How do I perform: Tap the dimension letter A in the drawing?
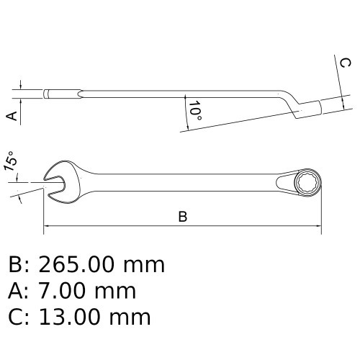point(12,115)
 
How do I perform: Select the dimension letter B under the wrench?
point(183,217)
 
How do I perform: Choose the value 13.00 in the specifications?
point(73,317)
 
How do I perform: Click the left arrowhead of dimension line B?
point(48,227)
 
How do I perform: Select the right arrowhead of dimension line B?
point(318,227)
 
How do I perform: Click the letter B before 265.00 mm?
point(16,265)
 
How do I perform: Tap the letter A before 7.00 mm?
point(16,291)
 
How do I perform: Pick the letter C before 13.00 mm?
point(16,317)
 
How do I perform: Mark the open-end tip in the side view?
point(48,94)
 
